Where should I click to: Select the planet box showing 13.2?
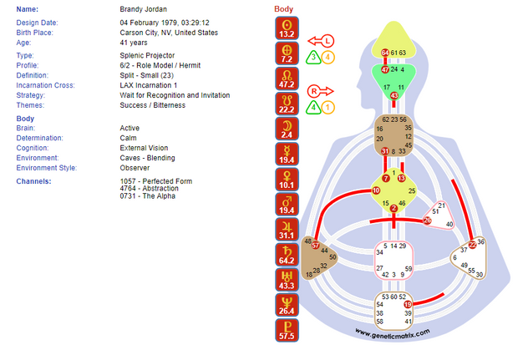tap(287, 30)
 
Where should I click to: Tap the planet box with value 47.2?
tap(287, 80)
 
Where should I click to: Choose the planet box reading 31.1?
tap(287, 231)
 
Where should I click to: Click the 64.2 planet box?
tap(287, 256)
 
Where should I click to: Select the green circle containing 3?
tap(312, 57)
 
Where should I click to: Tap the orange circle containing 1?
tap(328, 107)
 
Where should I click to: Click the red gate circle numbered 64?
tap(385, 53)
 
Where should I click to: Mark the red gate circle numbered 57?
tap(316, 246)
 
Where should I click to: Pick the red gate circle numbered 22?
tap(472, 245)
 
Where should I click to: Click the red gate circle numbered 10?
tap(376, 191)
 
